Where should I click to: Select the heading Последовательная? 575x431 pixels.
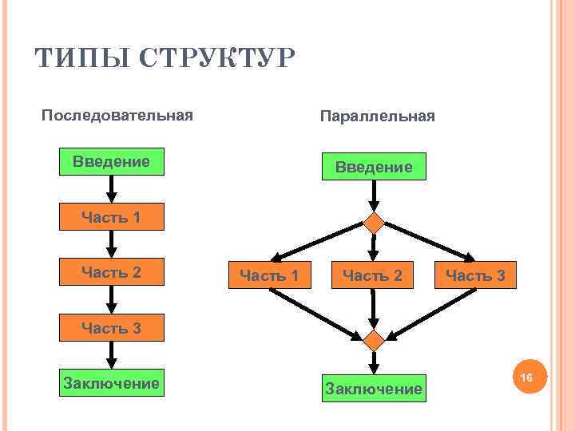pyautogui.click(x=117, y=116)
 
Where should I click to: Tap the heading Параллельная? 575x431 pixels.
pyautogui.click(x=377, y=117)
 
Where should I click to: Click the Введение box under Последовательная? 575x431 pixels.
pyautogui.click(x=112, y=162)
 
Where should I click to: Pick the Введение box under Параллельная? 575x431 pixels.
pyautogui.click(x=374, y=167)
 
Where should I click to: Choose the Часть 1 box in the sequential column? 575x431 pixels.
pyautogui.click(x=112, y=217)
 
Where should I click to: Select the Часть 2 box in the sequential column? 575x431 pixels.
pyautogui.click(x=112, y=273)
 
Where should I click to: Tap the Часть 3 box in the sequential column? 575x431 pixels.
pyautogui.click(x=112, y=328)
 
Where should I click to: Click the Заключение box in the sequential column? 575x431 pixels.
pyautogui.click(x=112, y=384)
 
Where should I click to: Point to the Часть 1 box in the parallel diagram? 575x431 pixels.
pyautogui.click(x=269, y=276)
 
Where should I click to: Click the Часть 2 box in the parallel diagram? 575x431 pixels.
pyautogui.click(x=372, y=276)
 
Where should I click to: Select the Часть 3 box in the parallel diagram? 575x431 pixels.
pyautogui.click(x=475, y=276)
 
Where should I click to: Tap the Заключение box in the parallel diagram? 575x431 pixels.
pyautogui.click(x=373, y=389)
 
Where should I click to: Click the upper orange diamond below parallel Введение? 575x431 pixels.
pyautogui.click(x=374, y=223)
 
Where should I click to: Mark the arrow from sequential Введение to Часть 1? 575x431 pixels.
pyautogui.click(x=112, y=189)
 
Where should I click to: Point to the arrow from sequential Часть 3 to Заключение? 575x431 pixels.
pyautogui.click(x=112, y=356)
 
